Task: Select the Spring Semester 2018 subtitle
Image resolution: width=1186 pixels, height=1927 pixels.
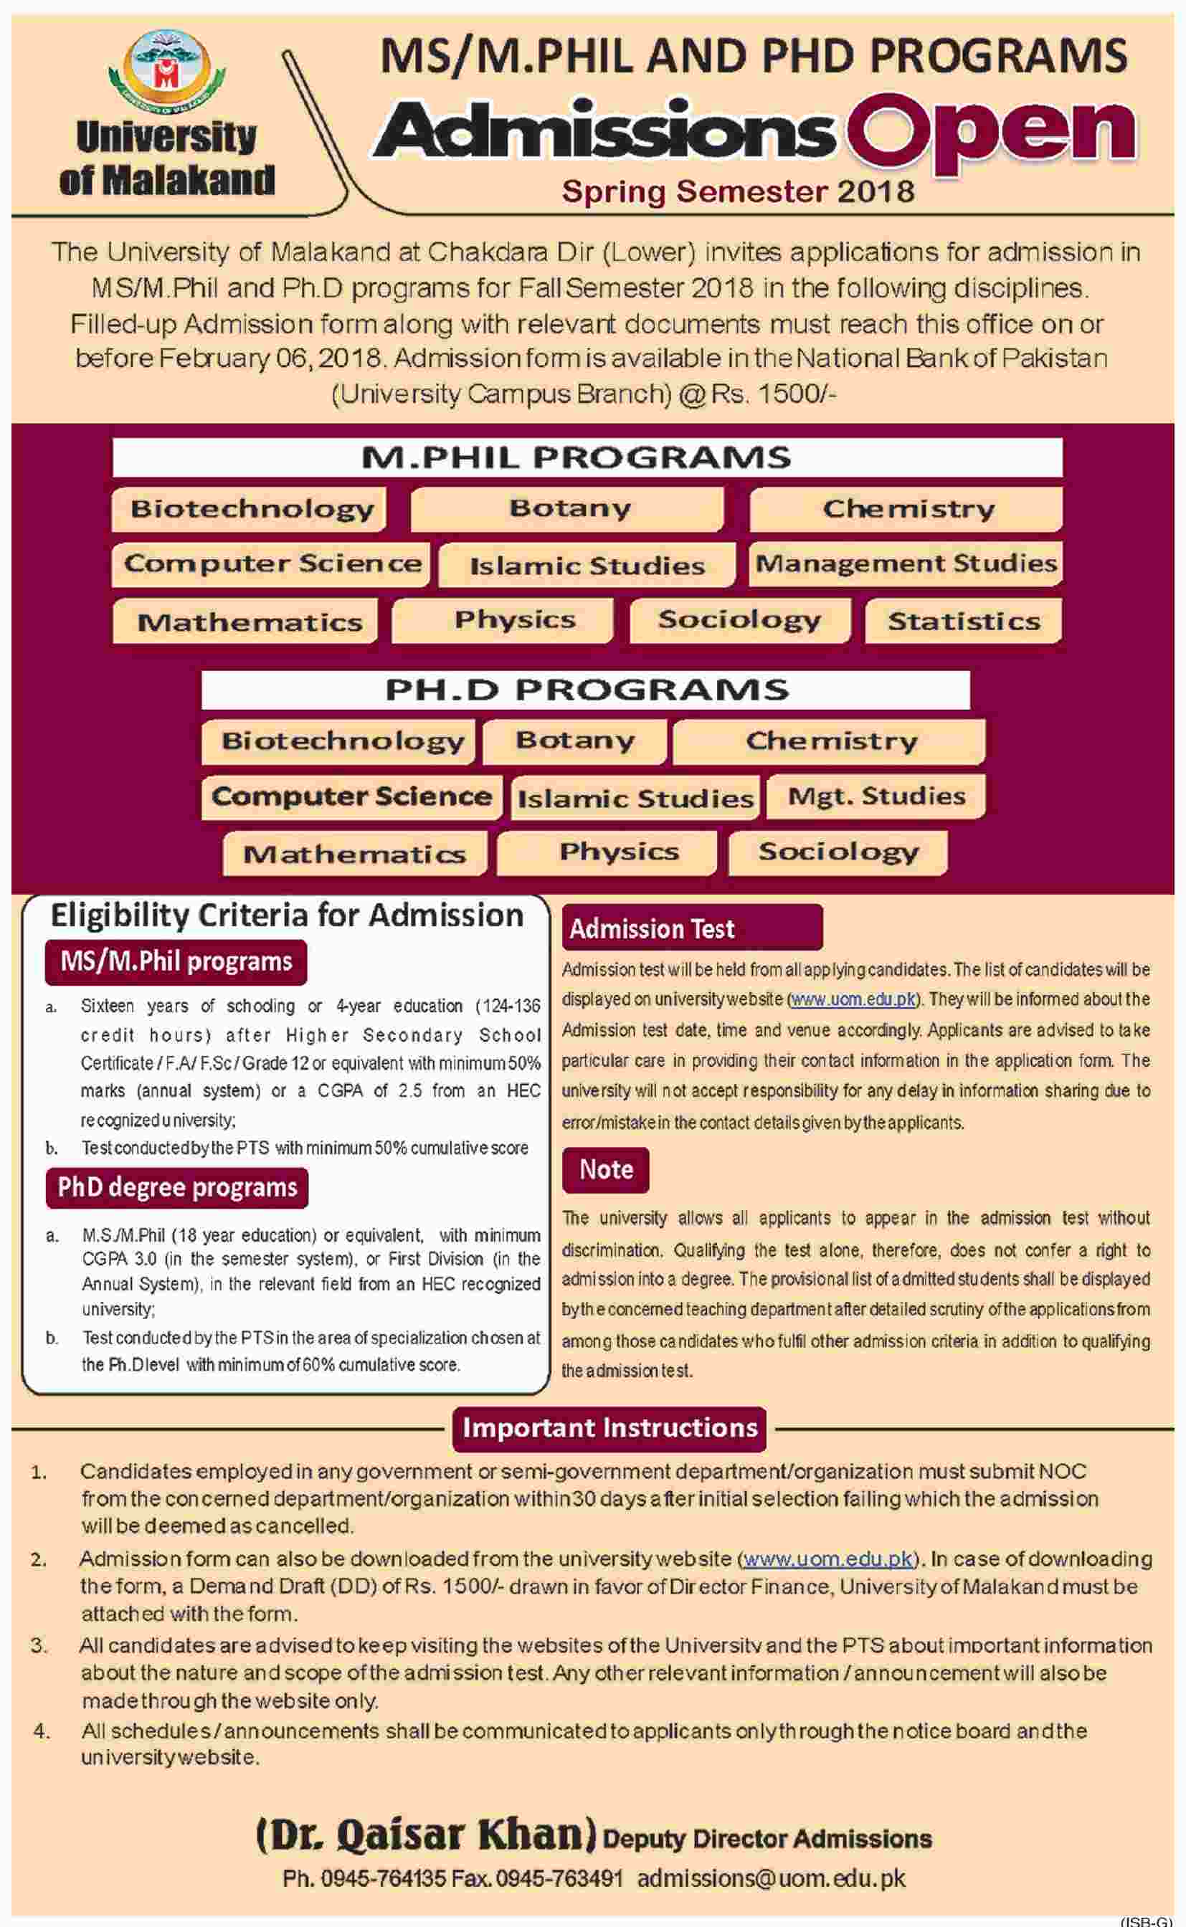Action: (x=737, y=191)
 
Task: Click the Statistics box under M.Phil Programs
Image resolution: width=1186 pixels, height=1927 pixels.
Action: (x=963, y=621)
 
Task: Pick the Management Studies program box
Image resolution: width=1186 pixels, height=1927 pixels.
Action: (x=905, y=563)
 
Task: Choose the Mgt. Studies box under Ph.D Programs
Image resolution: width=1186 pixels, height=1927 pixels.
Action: (x=876, y=796)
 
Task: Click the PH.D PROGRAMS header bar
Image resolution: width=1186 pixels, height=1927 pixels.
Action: (x=585, y=690)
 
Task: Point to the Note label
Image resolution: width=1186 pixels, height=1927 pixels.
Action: (x=606, y=1170)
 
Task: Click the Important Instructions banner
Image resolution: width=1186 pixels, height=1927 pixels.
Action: (x=609, y=1427)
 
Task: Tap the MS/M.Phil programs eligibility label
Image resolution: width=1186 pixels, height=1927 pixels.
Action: (x=176, y=961)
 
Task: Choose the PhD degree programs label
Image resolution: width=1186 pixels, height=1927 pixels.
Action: (x=177, y=1188)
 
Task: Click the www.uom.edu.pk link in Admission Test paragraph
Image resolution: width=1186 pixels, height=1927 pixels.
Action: (x=852, y=999)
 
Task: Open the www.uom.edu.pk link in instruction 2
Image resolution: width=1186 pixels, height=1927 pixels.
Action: (x=827, y=1559)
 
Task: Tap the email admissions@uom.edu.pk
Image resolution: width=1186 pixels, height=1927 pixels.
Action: (x=771, y=1878)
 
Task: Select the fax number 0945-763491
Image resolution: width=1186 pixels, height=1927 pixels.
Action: (x=560, y=1878)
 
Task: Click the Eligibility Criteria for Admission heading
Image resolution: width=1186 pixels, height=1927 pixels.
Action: (x=286, y=915)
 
